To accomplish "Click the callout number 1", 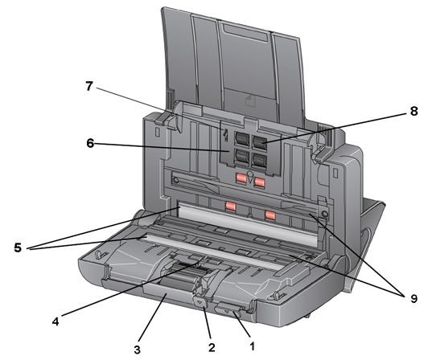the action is (x=252, y=346).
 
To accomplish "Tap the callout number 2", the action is (x=212, y=347).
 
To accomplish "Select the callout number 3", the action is (x=138, y=350).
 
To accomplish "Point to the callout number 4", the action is (x=56, y=321).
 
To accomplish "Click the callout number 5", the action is (x=18, y=247).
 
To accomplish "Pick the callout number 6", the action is (x=90, y=143).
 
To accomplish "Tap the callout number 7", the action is (x=88, y=86).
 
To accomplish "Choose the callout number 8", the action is (x=413, y=111).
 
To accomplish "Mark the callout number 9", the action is (x=413, y=298).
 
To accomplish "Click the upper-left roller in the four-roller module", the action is (x=241, y=138).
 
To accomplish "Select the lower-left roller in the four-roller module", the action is (x=241, y=156).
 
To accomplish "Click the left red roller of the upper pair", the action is (x=241, y=178).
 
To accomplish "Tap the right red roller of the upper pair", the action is (x=260, y=182).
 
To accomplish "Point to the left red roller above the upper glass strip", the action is (x=230, y=206).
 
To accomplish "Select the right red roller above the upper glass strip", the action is (x=270, y=215).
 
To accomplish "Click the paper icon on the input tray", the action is (x=250, y=100).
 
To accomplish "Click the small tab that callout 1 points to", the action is (x=228, y=309).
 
